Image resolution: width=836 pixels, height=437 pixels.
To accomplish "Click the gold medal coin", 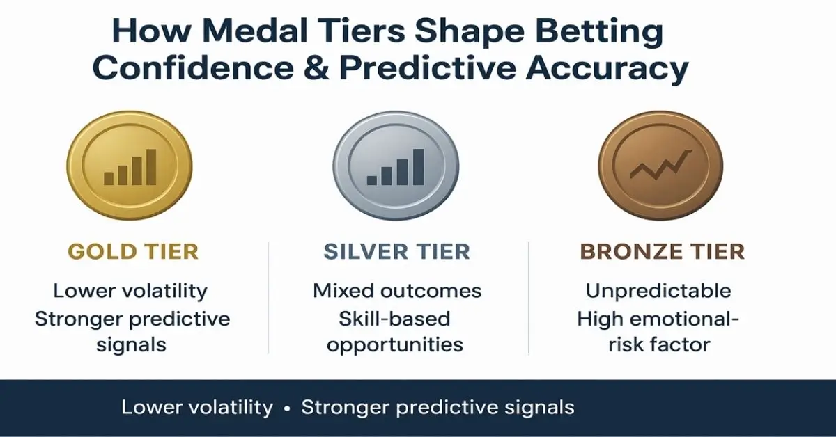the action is coord(130,165).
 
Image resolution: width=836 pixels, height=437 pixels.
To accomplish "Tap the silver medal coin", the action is coord(396,165).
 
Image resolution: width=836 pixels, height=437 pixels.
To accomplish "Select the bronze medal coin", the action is coord(660,165).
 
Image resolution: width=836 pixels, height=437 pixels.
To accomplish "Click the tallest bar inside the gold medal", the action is coord(151,167).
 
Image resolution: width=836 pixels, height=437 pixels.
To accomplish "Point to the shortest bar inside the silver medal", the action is coord(372,180).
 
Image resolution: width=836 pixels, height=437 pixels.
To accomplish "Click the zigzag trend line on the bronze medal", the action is coord(661,165).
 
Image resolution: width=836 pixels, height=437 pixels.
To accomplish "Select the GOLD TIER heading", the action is coord(133,251).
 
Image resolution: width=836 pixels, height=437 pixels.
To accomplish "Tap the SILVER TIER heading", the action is coord(396,251).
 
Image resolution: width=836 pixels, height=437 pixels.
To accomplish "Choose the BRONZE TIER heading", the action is coord(663,251).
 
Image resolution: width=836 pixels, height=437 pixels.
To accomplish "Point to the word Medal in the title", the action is coord(255,31).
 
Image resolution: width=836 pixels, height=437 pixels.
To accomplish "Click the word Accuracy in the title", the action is coord(607,70).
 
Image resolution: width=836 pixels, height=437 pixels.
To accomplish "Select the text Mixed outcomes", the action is coord(397,290).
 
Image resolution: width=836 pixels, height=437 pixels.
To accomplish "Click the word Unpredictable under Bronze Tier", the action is coord(658,291).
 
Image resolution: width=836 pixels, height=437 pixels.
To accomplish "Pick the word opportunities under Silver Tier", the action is coord(395,345).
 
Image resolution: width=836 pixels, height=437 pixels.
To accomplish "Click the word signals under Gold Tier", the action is coord(132,345).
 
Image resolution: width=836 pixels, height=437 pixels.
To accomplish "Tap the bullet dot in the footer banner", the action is coord(286,408).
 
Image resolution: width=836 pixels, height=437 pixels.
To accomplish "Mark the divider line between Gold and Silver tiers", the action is coord(268,298).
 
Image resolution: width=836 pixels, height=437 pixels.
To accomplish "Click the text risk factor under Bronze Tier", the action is coord(659,344).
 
